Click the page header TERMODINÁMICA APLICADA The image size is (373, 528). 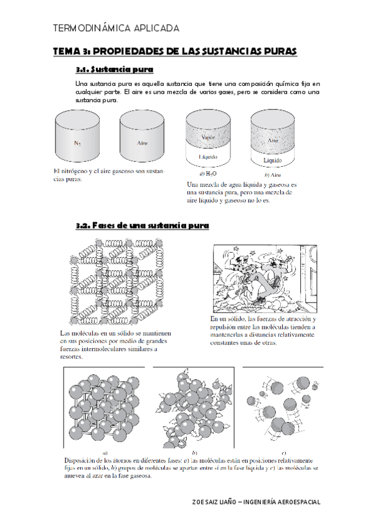(116, 29)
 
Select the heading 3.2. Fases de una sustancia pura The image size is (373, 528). (142, 225)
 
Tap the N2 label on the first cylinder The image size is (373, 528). (77, 143)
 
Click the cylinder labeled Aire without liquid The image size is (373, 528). (141, 137)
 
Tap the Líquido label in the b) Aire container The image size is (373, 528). (273, 161)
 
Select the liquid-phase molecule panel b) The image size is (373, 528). (193, 408)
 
